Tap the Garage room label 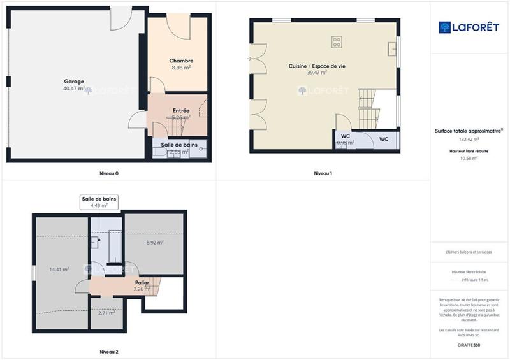click(74, 81)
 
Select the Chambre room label click(180, 61)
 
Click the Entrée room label click(180, 110)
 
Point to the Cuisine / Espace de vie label click(317, 66)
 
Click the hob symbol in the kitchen click(337, 43)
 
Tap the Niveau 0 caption click(108, 173)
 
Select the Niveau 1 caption click(323, 173)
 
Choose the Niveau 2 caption click(108, 352)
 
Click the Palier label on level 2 click(142, 282)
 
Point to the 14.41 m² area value click(59, 270)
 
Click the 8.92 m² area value click(155, 242)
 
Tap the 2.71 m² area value click(106, 313)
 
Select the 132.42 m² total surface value click(469, 139)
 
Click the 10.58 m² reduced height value click(469, 158)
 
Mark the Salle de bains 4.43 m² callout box click(99, 202)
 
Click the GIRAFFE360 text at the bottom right click(469, 345)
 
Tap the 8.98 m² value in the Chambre click(180, 68)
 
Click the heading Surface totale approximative click(469, 131)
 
